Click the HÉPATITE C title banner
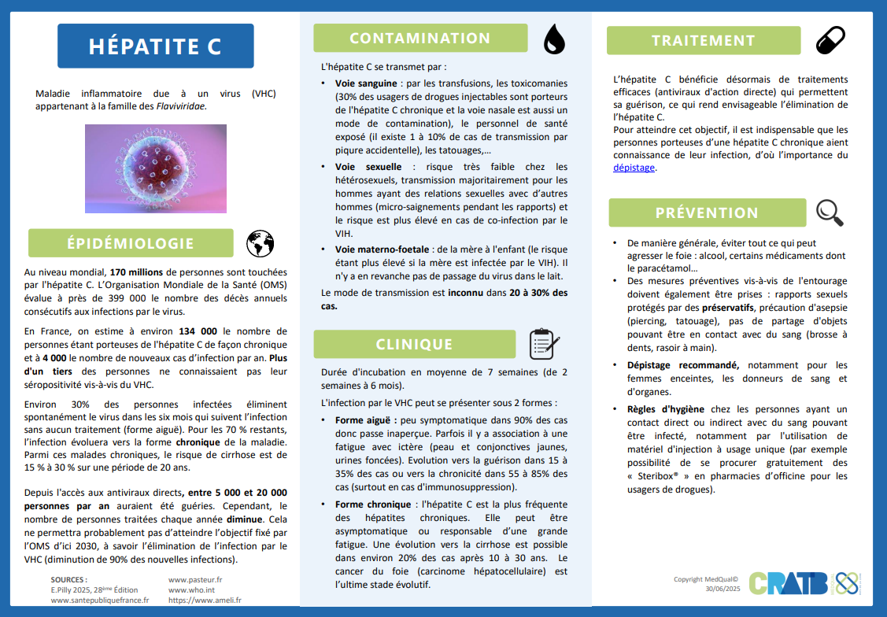click(x=155, y=46)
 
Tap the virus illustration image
click(x=156, y=168)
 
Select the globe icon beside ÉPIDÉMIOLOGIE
click(x=260, y=244)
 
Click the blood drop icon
click(x=554, y=38)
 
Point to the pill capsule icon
click(x=830, y=39)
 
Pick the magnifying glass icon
click(x=830, y=212)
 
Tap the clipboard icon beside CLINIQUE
click(x=543, y=344)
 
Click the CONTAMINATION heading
click(x=419, y=39)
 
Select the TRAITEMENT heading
click(x=703, y=41)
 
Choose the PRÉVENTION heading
click(x=707, y=212)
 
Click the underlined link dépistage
click(x=634, y=168)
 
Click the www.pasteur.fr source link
click(x=195, y=578)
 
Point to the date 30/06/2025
click(x=723, y=589)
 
